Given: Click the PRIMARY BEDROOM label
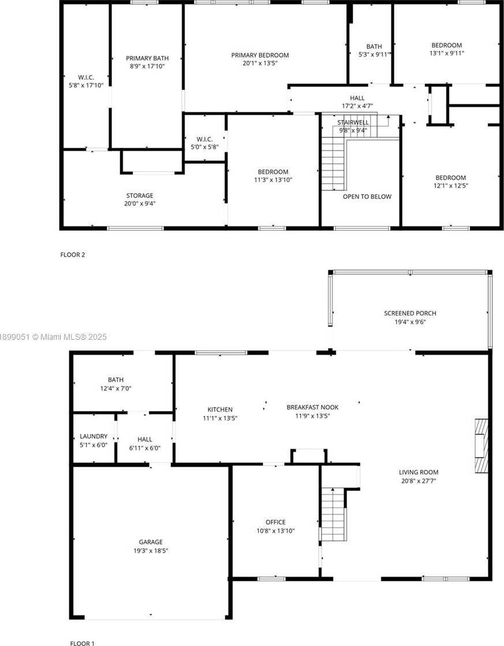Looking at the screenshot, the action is pyautogui.click(x=260, y=55).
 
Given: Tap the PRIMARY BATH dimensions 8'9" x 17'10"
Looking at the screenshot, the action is pyautogui.click(x=147, y=66).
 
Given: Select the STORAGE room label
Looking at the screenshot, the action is pyautogui.click(x=140, y=196).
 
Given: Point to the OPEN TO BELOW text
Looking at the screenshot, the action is pyautogui.click(x=367, y=197).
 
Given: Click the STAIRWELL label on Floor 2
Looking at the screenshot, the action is pyautogui.click(x=353, y=123).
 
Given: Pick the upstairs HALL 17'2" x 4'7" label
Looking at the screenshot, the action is pyautogui.click(x=357, y=102).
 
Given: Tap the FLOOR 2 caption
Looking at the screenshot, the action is pyautogui.click(x=73, y=254).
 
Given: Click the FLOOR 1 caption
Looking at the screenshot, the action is pyautogui.click(x=82, y=643).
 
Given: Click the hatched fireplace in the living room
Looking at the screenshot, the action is pyautogui.click(x=481, y=446).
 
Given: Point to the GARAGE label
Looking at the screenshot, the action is pyautogui.click(x=151, y=542).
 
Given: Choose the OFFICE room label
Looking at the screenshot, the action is pyautogui.click(x=275, y=523).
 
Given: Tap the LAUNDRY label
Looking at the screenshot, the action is pyautogui.click(x=94, y=436).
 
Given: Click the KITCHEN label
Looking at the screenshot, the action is pyautogui.click(x=220, y=410).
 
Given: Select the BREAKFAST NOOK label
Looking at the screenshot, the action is pyautogui.click(x=313, y=407).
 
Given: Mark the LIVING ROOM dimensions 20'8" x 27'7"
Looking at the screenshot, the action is pyautogui.click(x=419, y=481).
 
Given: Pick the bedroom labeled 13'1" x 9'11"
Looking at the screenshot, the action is pyautogui.click(x=447, y=49).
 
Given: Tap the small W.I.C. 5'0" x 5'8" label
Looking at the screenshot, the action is pyautogui.click(x=204, y=143).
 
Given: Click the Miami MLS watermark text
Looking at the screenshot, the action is pyautogui.click(x=53, y=337).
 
